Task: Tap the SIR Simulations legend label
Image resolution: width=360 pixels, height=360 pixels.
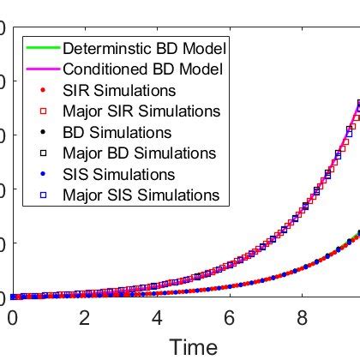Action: [x=119, y=90]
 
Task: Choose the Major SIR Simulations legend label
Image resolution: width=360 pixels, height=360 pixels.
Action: [x=141, y=111]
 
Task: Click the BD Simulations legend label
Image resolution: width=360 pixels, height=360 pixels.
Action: [x=117, y=133]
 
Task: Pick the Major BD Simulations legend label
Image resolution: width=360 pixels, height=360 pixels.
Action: [x=140, y=153]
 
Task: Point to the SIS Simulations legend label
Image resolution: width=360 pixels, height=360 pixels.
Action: [x=119, y=174]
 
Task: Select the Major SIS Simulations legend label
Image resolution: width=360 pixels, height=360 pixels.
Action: [x=141, y=195]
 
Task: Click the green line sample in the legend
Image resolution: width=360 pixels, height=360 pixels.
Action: [x=42, y=48]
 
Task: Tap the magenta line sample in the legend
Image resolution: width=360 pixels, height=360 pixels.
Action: [x=42, y=69]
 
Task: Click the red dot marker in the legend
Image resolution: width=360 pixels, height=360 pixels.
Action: [x=43, y=90]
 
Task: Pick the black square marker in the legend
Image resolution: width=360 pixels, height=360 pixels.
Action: [x=43, y=153]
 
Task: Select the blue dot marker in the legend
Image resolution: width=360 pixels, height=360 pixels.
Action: [x=43, y=174]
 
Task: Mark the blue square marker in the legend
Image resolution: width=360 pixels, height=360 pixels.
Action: [x=43, y=195]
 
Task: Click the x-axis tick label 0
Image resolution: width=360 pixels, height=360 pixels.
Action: [x=12, y=318]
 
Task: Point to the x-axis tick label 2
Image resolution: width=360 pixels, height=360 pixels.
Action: [x=84, y=318]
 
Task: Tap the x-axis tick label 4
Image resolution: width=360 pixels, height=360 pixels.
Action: [x=157, y=318]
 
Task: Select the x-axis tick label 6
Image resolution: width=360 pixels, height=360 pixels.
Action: [x=229, y=318]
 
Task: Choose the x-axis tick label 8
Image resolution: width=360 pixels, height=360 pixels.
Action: [x=301, y=318]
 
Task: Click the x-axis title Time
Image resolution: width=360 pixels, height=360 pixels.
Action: [x=193, y=346]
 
